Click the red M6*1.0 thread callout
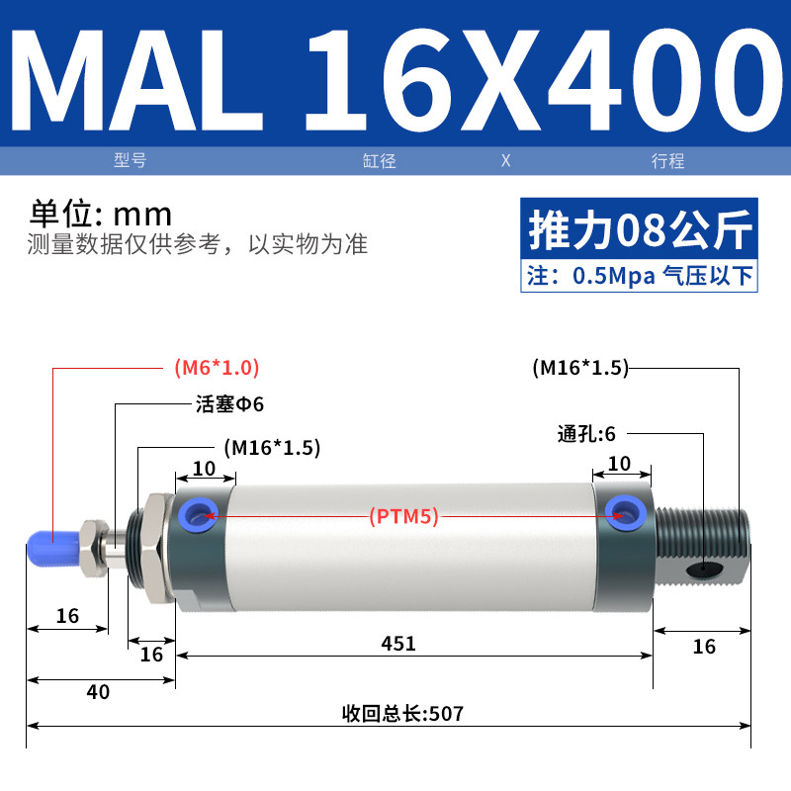(x=217, y=367)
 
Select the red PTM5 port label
(x=403, y=516)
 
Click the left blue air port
(x=199, y=515)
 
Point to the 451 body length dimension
(x=398, y=644)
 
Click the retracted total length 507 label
(x=402, y=713)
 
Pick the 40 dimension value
(x=98, y=691)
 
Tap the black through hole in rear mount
(x=704, y=570)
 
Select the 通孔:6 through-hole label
(x=586, y=434)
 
